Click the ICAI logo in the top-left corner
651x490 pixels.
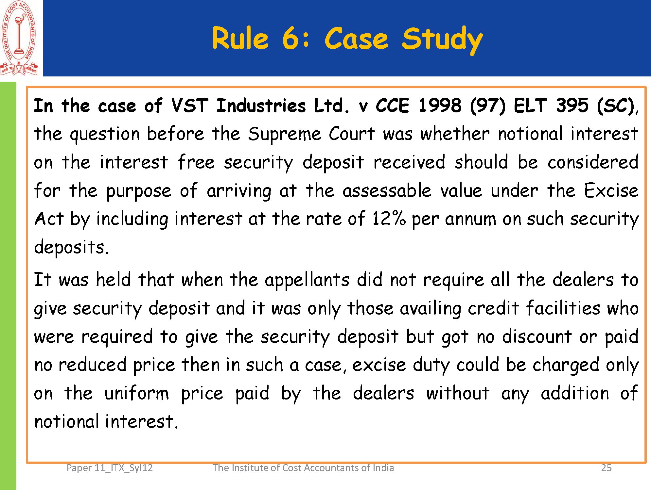point(19,38)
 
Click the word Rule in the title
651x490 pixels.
point(240,38)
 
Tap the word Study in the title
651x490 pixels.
point(442,40)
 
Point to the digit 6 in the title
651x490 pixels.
point(291,38)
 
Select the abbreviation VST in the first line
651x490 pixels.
point(190,106)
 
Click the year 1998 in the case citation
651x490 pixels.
point(440,106)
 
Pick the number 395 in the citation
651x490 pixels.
point(572,106)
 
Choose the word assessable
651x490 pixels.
point(387,190)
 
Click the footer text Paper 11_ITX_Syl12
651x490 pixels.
point(110,468)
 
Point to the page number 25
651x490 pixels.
point(606,468)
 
